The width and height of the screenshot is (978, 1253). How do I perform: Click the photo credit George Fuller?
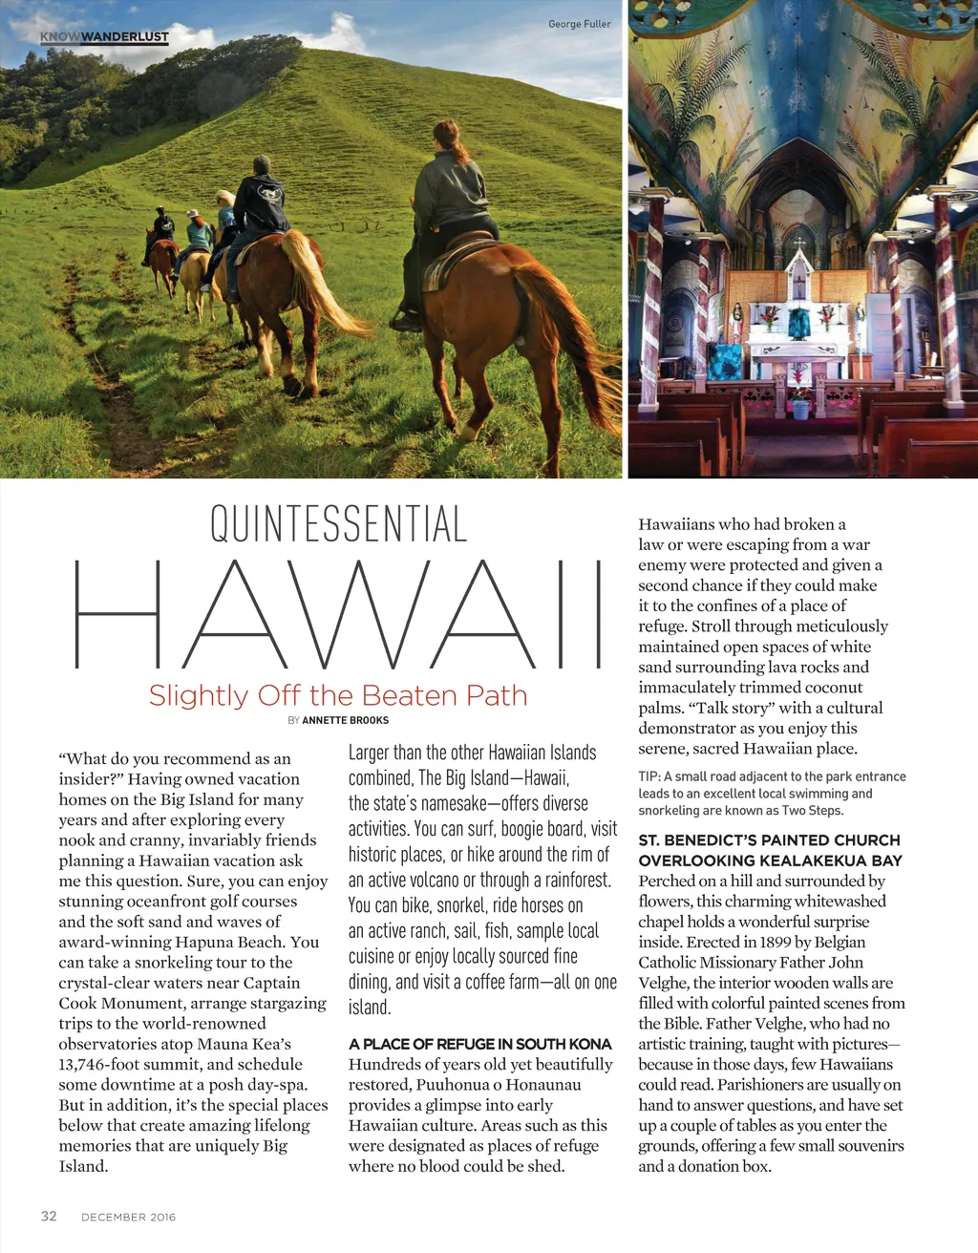[x=579, y=24]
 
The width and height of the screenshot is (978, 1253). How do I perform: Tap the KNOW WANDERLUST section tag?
[x=104, y=37]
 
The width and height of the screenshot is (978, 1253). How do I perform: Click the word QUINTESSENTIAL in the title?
[x=338, y=524]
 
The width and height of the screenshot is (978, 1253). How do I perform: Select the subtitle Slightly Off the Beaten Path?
[x=338, y=695]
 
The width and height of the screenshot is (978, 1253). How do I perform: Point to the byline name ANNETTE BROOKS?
[x=345, y=720]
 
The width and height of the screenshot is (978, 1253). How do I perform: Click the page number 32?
[x=49, y=1216]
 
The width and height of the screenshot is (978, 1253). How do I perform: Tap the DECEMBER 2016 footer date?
[x=128, y=1217]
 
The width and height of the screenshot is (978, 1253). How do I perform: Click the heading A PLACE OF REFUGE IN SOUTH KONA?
[x=479, y=1044]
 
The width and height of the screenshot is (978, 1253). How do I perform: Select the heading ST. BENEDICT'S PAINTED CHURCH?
[x=769, y=840]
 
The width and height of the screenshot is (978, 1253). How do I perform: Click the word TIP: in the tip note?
[x=649, y=776]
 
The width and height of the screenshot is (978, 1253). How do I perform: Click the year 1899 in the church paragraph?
[x=772, y=942]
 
